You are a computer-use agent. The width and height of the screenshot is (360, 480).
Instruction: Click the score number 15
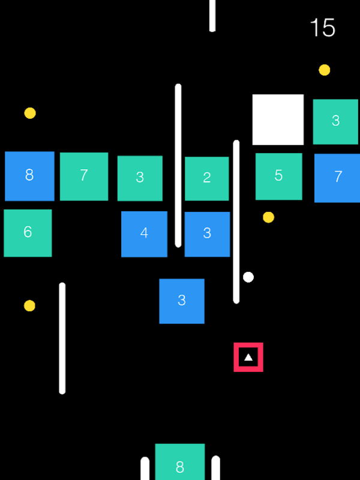(x=322, y=28)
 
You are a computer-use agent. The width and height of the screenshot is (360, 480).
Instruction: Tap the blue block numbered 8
(x=29, y=176)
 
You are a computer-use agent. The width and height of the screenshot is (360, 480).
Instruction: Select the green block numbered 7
(x=84, y=176)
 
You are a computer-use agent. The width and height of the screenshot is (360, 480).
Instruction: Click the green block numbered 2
(x=206, y=178)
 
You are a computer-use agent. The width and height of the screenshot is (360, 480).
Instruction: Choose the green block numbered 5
(x=278, y=176)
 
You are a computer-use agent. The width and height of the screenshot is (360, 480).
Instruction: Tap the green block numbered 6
(x=28, y=233)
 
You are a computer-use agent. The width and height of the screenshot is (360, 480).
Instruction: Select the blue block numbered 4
(x=144, y=234)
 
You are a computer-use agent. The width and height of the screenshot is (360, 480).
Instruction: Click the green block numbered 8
(x=180, y=463)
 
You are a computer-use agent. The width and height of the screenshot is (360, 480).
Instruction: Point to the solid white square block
(x=278, y=119)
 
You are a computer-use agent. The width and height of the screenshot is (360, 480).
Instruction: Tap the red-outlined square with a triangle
(x=248, y=358)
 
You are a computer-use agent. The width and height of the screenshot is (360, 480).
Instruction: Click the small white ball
(x=248, y=277)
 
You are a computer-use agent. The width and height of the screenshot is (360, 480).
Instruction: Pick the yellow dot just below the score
(x=325, y=70)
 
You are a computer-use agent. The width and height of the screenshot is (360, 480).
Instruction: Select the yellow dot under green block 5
(x=269, y=217)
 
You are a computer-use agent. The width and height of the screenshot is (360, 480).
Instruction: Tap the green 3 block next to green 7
(x=140, y=178)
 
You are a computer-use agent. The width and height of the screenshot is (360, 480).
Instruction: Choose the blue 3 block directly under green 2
(x=207, y=234)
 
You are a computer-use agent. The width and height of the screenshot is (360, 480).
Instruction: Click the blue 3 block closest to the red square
(x=182, y=301)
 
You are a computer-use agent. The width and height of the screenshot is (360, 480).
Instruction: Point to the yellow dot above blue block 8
(x=30, y=113)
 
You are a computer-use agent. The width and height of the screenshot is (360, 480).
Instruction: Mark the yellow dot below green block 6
(x=29, y=306)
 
